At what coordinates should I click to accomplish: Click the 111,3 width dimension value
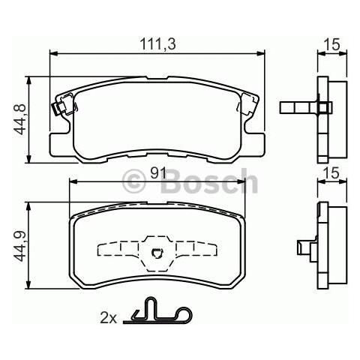point(157,45)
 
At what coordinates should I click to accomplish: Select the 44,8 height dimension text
point(21,118)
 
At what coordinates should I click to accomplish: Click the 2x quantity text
point(109,318)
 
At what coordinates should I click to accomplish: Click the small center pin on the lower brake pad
point(157,253)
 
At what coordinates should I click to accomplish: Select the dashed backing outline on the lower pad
point(157,249)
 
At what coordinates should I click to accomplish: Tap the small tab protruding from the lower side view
point(304,246)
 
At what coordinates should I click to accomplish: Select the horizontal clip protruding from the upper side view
point(298,107)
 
